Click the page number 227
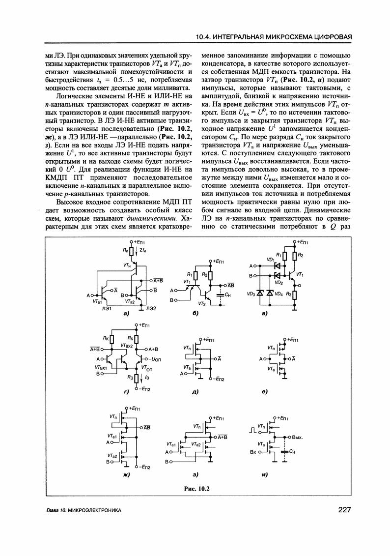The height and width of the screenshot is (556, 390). pyautogui.click(x=345, y=510)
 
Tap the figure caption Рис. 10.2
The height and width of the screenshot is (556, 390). pyautogui.click(x=197, y=488)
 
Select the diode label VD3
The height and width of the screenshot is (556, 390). pyautogui.click(x=251, y=293)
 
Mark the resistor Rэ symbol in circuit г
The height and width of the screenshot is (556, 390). pyautogui.click(x=136, y=378)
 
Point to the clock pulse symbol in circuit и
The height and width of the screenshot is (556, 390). pyautogui.click(x=253, y=430)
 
